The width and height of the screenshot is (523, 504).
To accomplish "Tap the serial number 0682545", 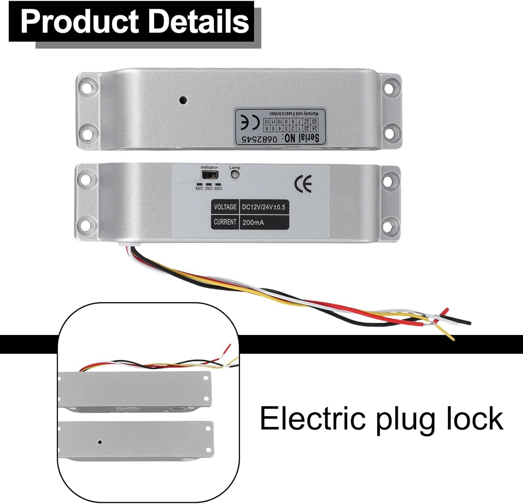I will click(x=259, y=139).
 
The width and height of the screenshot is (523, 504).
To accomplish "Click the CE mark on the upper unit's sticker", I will click(x=250, y=123).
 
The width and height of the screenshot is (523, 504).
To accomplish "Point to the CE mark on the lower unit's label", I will click(x=303, y=184).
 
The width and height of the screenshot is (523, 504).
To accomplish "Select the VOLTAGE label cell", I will click(x=225, y=207).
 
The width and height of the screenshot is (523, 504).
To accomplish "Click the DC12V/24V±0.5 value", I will click(x=264, y=207).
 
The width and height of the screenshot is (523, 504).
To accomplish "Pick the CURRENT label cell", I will click(x=225, y=222).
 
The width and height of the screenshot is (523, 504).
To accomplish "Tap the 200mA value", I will click(x=253, y=222).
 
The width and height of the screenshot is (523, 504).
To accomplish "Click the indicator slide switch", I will click(x=209, y=175).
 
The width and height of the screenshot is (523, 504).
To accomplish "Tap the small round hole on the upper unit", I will click(x=183, y=100).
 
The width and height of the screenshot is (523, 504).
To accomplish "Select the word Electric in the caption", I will click(x=313, y=418).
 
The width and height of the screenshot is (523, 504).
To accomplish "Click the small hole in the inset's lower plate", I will click(x=100, y=442).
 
